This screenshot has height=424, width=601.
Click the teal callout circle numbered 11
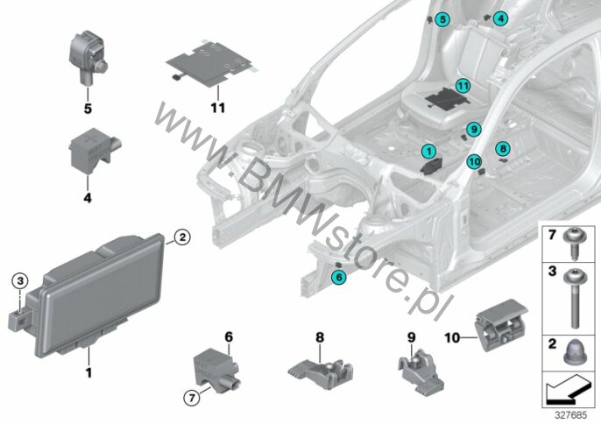[x=463, y=86]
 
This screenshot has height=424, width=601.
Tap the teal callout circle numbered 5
[x=442, y=18]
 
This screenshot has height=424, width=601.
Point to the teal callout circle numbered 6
[x=339, y=276]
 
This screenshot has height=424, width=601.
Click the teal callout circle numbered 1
[x=429, y=152]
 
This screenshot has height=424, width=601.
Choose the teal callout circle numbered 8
[x=503, y=148]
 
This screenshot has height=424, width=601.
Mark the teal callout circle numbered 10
[x=474, y=161]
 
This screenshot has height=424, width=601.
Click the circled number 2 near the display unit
[x=181, y=236]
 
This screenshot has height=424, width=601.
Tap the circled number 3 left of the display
[x=19, y=280]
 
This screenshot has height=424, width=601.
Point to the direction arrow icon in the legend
[x=568, y=385]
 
